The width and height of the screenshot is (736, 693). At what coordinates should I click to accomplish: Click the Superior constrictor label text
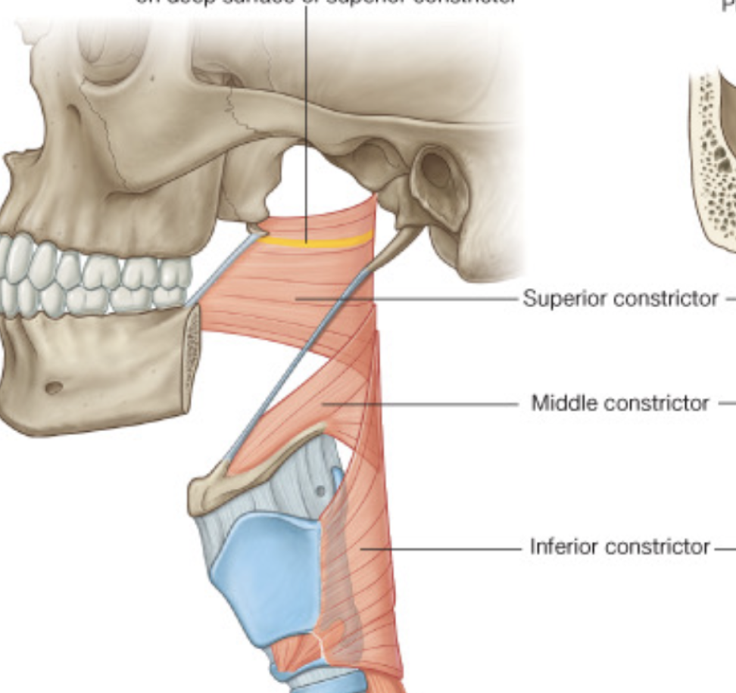[x=620, y=299]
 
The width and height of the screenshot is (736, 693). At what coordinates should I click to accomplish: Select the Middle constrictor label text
[x=620, y=403]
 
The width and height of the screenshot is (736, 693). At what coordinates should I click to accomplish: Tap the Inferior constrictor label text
[x=620, y=546]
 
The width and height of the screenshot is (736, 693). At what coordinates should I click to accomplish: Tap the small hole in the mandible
[x=54, y=388]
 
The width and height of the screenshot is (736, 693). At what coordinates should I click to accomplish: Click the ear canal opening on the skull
[x=436, y=173]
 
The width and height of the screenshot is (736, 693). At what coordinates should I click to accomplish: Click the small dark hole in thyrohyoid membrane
[x=321, y=492]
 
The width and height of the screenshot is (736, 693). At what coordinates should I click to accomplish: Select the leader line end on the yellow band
[x=306, y=242]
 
